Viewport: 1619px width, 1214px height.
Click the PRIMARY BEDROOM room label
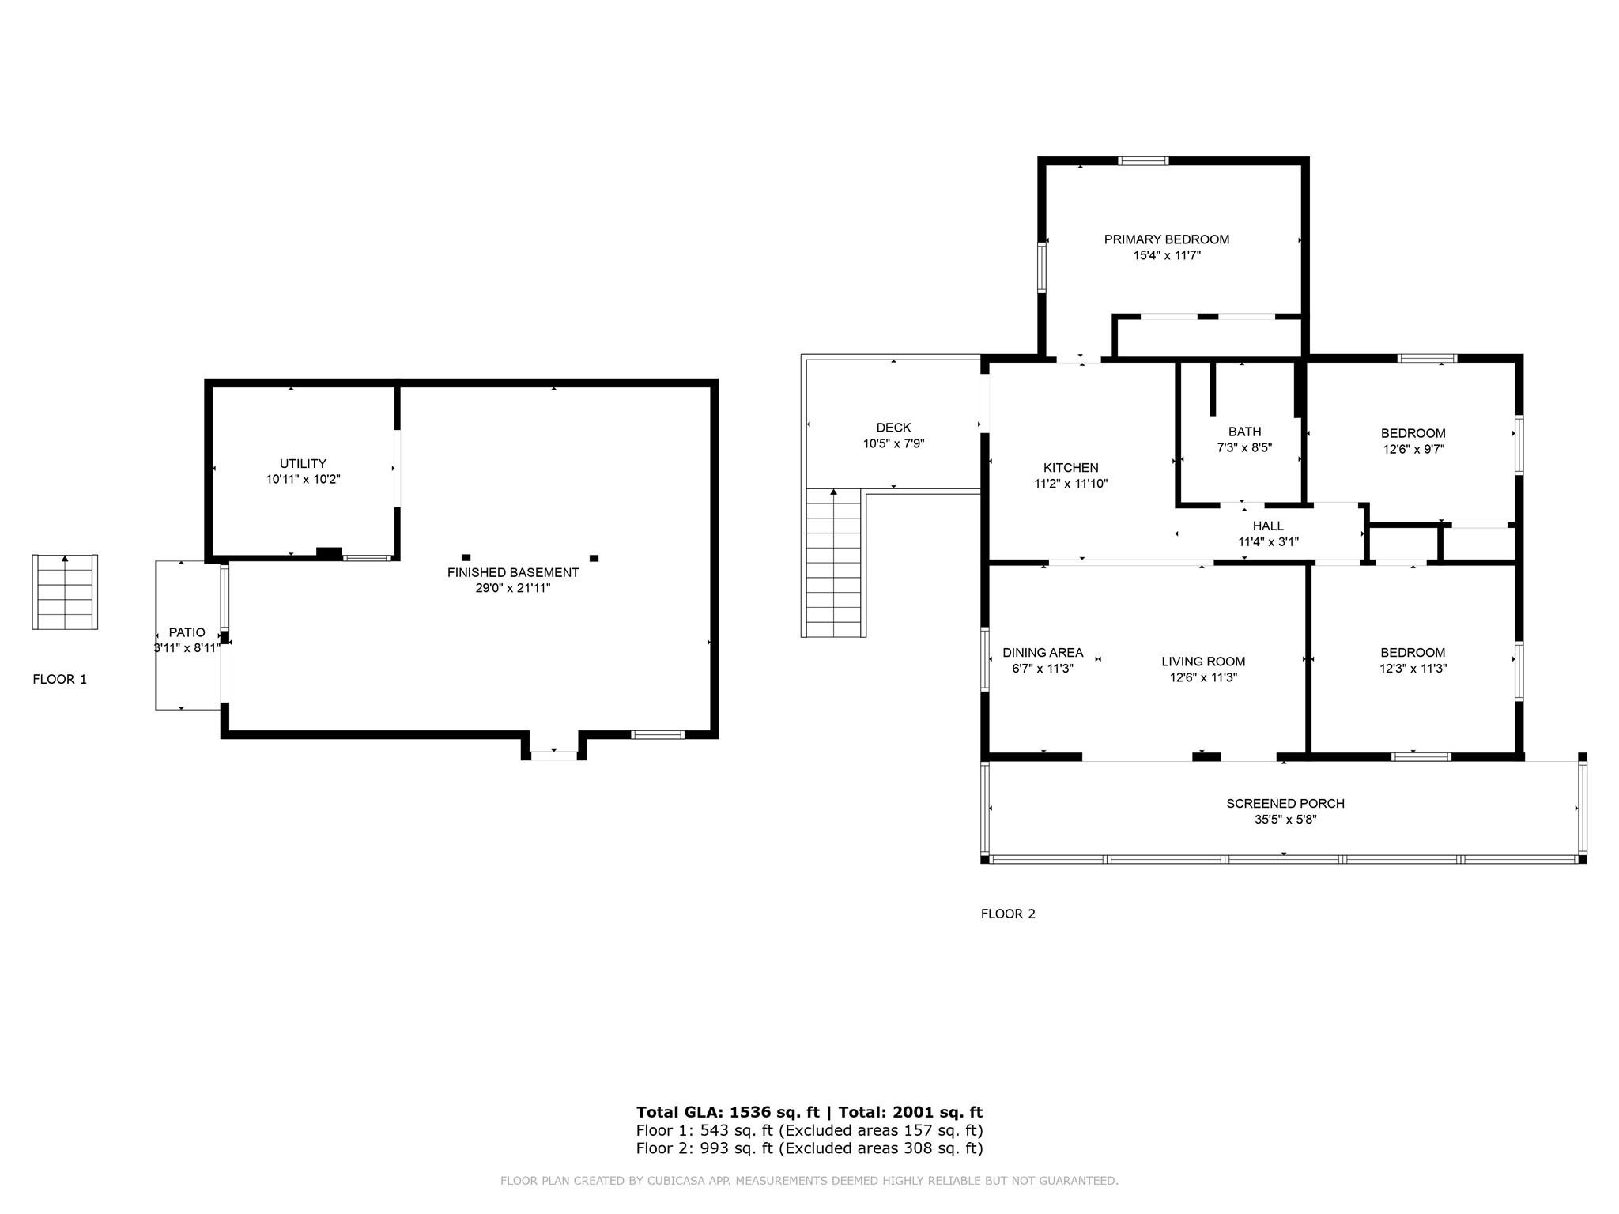1166,239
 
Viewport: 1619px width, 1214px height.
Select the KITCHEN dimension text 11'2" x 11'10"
1070,484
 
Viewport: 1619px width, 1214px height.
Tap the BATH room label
1244,432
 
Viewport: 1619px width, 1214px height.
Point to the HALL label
1267,526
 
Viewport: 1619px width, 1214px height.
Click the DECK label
893,428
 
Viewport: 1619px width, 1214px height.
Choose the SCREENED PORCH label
1285,803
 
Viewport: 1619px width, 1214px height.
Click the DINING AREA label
1042,652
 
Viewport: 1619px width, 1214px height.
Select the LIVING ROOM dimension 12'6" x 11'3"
1203,677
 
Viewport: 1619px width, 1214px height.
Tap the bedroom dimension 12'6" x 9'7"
1413,449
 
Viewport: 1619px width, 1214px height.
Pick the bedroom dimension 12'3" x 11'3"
1413,668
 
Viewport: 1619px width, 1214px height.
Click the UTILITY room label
303,463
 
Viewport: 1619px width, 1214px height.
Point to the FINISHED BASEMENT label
512,572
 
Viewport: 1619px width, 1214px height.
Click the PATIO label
187,632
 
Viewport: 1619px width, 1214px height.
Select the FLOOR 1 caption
59,679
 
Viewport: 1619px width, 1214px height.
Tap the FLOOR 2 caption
1007,914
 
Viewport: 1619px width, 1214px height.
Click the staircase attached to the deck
833,563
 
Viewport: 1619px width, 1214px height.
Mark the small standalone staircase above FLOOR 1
65,592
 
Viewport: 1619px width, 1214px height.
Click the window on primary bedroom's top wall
1143,161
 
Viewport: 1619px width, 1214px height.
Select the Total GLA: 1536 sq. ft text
727,1112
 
